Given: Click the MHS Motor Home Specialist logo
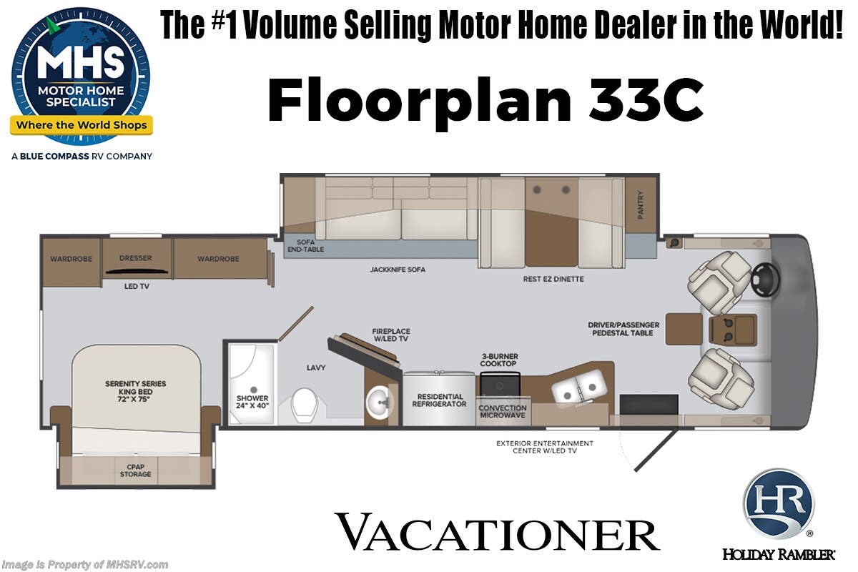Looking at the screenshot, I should tap(80, 75).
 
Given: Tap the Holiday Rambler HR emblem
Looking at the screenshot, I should tap(778, 504).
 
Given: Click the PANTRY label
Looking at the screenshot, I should tap(641, 204).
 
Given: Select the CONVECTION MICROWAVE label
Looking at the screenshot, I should tap(503, 412).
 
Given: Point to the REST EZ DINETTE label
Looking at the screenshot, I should tap(553, 279).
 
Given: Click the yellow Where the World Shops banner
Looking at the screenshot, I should tap(81, 126).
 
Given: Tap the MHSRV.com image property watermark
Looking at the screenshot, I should tap(85, 565).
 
